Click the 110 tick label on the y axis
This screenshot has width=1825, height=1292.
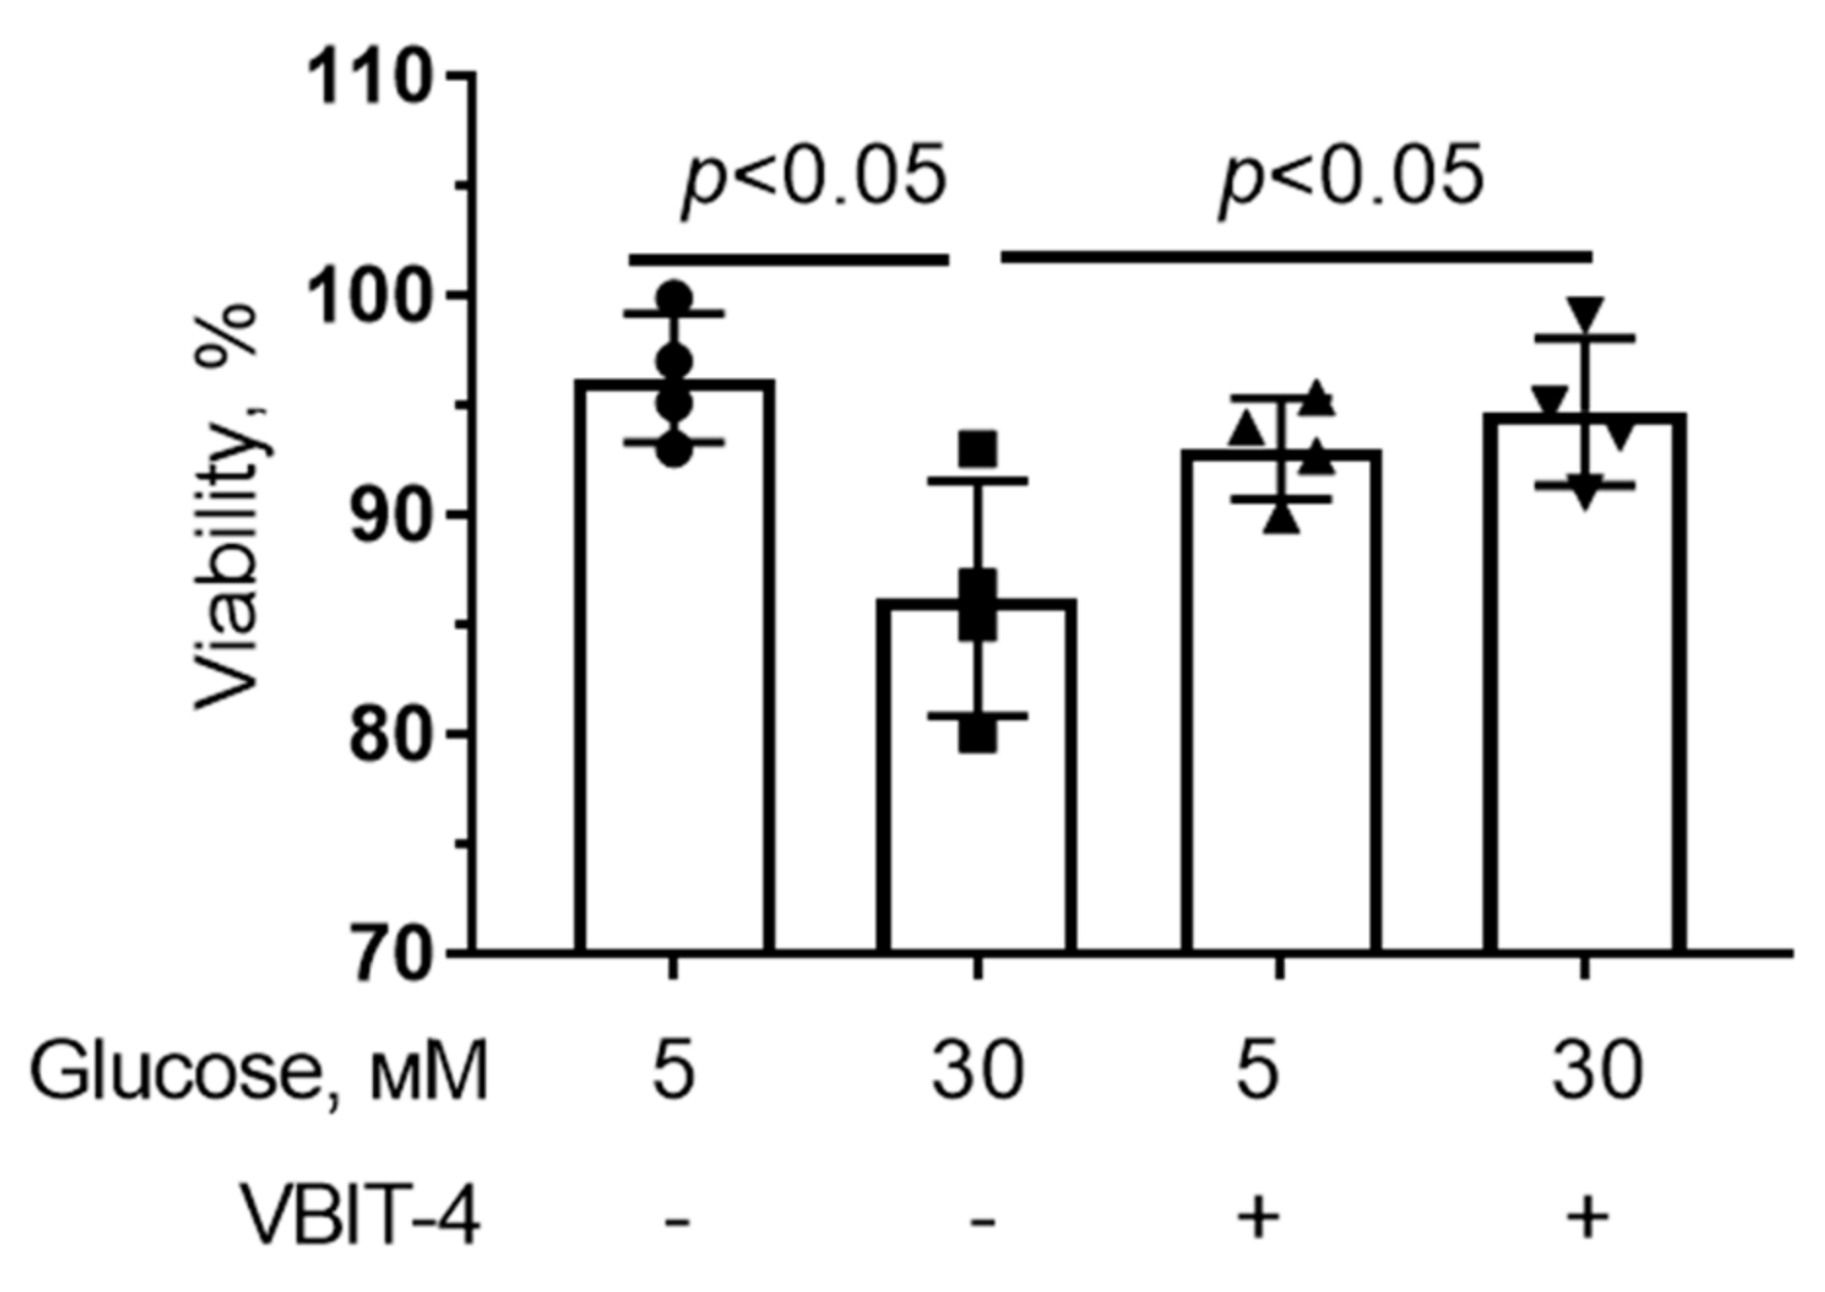[x=368, y=77]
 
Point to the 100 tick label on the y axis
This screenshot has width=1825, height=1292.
[x=368, y=296]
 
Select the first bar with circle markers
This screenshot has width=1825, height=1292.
[x=675, y=684]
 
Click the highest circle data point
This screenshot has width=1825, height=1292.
[x=675, y=297]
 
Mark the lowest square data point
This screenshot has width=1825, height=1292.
[x=977, y=735]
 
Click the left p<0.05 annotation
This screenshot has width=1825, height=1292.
[x=813, y=178]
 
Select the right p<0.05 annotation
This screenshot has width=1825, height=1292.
[x=1350, y=178]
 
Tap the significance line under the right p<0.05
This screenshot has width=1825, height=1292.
[x=1297, y=257]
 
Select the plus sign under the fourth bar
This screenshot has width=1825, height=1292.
[x=1587, y=1217]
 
